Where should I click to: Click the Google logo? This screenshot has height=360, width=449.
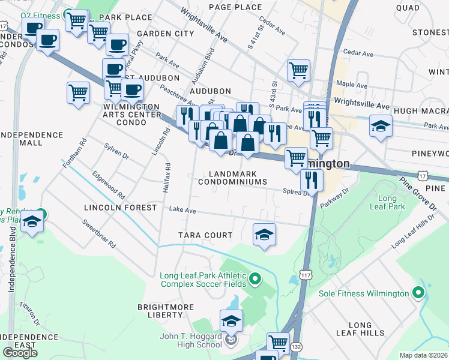20,353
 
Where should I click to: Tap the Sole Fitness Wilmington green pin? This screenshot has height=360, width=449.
418,293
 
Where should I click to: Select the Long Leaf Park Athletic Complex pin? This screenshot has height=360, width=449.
255,278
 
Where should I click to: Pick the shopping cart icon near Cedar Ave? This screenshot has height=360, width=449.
298,70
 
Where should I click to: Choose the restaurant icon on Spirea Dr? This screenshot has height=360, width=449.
312,179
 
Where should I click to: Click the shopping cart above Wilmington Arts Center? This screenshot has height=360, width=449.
78,94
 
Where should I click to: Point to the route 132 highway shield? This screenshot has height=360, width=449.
295,347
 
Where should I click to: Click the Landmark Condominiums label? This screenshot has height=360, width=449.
232,178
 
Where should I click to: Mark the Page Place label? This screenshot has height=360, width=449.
235,7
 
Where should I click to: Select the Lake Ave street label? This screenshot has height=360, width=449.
182,211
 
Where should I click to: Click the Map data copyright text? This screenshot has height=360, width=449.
423,355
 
